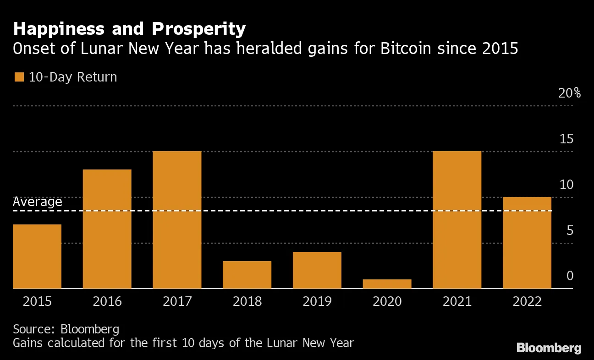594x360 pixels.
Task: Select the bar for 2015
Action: [37, 256]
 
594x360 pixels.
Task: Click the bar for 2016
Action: [107, 229]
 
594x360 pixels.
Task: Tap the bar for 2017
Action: [177, 220]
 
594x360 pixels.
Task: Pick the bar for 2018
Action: [247, 275]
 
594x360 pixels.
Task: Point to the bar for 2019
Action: [317, 270]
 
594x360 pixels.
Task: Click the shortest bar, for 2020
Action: [387, 284]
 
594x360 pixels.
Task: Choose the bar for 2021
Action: [457, 220]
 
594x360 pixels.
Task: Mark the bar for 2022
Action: [527, 243]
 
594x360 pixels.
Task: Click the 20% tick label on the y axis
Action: [569, 93]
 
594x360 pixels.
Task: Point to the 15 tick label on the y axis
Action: [566, 139]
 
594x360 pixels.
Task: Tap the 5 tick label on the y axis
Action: [570, 230]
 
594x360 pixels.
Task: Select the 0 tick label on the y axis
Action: [570, 276]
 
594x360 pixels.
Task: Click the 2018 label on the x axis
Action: [247, 301]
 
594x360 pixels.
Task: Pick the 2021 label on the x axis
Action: [457, 301]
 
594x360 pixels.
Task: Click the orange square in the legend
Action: [19, 77]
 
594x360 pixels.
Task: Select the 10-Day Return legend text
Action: [73, 77]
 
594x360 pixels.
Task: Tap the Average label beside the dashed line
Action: [37, 202]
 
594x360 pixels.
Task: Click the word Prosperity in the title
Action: [198, 29]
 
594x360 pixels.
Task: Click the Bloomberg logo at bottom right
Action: [549, 348]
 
